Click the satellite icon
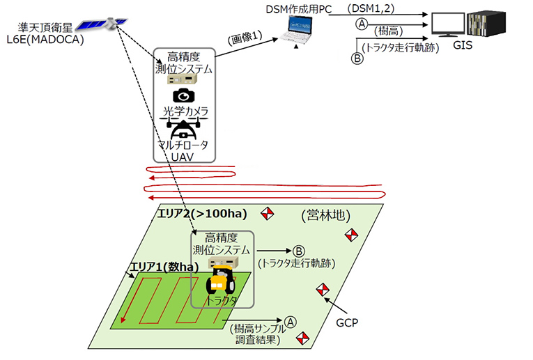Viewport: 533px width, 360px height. (x=102, y=24)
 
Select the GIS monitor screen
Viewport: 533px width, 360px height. (x=448, y=24)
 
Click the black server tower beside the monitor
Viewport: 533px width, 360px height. (x=486, y=24)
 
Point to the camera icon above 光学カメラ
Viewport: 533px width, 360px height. (x=183, y=95)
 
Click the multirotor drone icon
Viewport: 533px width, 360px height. (x=183, y=128)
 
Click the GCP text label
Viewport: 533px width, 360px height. (x=347, y=322)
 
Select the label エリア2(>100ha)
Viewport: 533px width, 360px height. (x=202, y=213)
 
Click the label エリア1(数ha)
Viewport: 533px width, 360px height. (x=164, y=267)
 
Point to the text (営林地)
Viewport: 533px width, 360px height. (x=325, y=215)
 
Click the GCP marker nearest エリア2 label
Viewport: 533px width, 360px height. (x=267, y=213)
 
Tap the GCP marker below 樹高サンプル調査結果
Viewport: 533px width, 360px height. (x=302, y=338)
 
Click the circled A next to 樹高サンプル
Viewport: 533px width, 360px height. (x=291, y=322)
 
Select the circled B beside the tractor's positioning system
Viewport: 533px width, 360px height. (x=299, y=251)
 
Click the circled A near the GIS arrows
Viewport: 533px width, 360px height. (x=362, y=24)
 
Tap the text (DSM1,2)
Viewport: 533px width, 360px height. (x=371, y=8)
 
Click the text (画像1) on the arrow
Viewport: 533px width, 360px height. (x=245, y=38)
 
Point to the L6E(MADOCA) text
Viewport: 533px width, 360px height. (x=45, y=40)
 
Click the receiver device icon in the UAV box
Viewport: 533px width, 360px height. (x=182, y=79)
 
